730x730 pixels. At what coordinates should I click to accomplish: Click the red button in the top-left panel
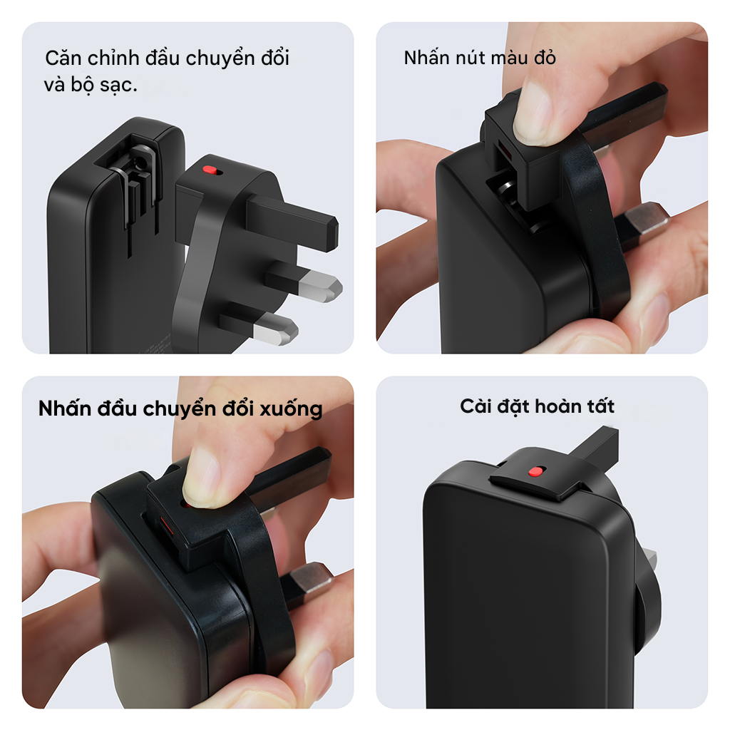210,170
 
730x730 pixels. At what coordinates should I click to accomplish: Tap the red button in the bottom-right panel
535,472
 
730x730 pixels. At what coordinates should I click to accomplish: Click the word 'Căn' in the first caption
63,58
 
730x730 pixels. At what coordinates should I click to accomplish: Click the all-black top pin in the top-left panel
292,222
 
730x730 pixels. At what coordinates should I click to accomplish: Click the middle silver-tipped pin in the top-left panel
304,281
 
